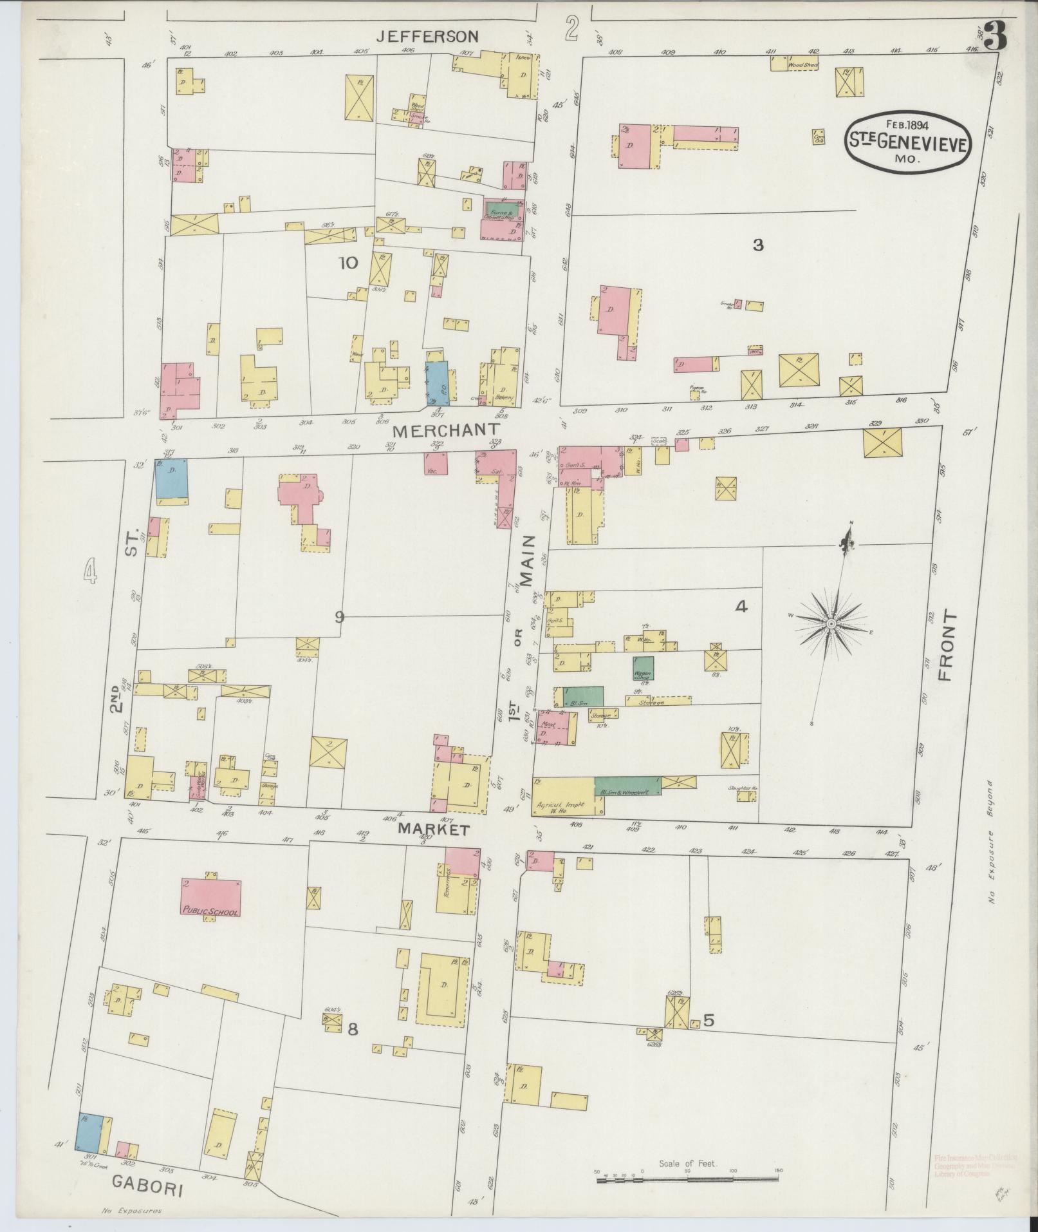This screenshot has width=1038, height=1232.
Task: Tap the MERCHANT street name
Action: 447,431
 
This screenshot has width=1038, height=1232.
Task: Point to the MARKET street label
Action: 432,829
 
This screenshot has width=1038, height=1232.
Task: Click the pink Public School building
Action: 211,897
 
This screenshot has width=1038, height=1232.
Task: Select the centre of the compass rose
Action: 831,624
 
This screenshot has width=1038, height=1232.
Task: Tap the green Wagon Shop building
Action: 643,668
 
